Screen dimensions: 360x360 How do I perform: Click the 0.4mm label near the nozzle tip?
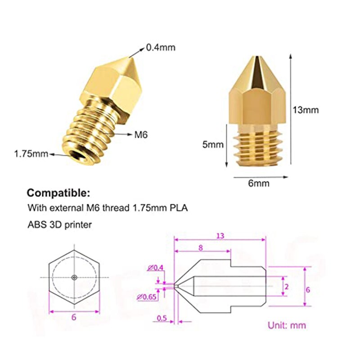(x=161, y=47)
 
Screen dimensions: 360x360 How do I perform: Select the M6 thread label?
(x=141, y=134)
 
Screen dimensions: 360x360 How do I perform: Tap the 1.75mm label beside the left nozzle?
(x=31, y=154)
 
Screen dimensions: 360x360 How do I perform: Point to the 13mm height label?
(x=306, y=110)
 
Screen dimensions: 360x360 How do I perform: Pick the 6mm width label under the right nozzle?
(x=259, y=183)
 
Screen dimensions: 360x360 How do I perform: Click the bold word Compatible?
(x=58, y=193)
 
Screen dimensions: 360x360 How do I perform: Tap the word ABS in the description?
(x=36, y=224)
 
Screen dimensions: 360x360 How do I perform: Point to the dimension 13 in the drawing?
(x=220, y=235)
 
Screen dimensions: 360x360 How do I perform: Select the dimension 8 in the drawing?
(x=201, y=247)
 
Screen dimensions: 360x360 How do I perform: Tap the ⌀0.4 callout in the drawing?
(x=156, y=268)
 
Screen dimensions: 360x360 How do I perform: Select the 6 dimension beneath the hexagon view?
(x=74, y=317)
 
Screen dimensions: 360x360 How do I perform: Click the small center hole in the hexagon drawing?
(x=75, y=277)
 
